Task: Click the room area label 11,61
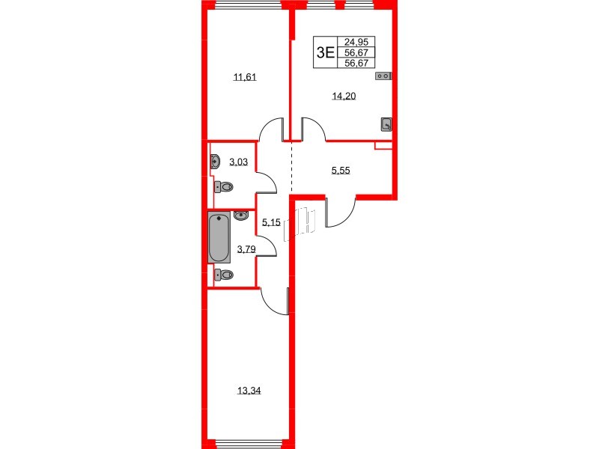(x=245, y=76)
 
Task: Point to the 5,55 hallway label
(x=341, y=171)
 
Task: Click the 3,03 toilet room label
(x=238, y=162)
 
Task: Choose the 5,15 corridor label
(x=270, y=222)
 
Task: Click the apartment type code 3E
(x=325, y=52)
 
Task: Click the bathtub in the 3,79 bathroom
(x=219, y=238)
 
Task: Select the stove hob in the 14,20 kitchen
(x=383, y=75)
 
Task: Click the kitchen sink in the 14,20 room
(x=386, y=124)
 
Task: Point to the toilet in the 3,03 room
(x=222, y=186)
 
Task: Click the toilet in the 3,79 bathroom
(x=223, y=275)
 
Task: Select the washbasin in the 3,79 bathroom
(x=240, y=216)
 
